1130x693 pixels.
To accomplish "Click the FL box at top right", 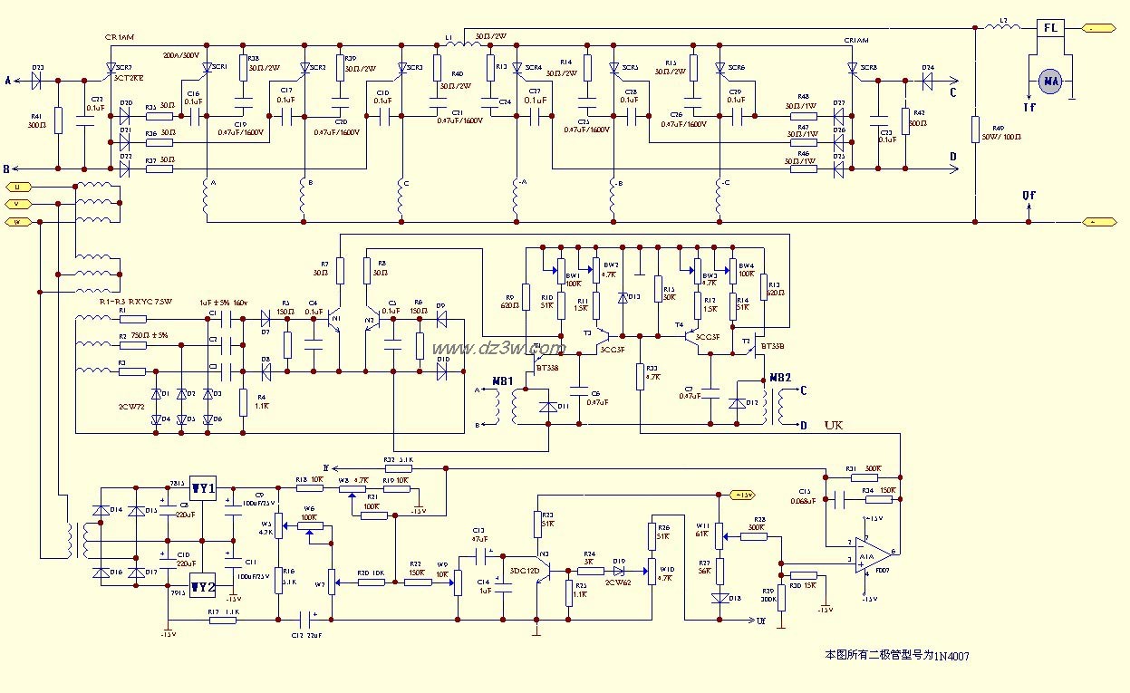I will click(x=1050, y=28).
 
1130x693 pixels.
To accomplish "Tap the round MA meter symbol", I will click(x=1050, y=82).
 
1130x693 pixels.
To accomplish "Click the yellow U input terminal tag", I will click(x=16, y=186).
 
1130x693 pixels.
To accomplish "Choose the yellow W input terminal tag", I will click(x=16, y=221).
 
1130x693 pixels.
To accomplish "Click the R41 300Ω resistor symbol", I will click(x=58, y=121).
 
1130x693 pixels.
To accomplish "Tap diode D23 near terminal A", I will click(x=38, y=80).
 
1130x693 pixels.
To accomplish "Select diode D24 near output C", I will click(x=926, y=80).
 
